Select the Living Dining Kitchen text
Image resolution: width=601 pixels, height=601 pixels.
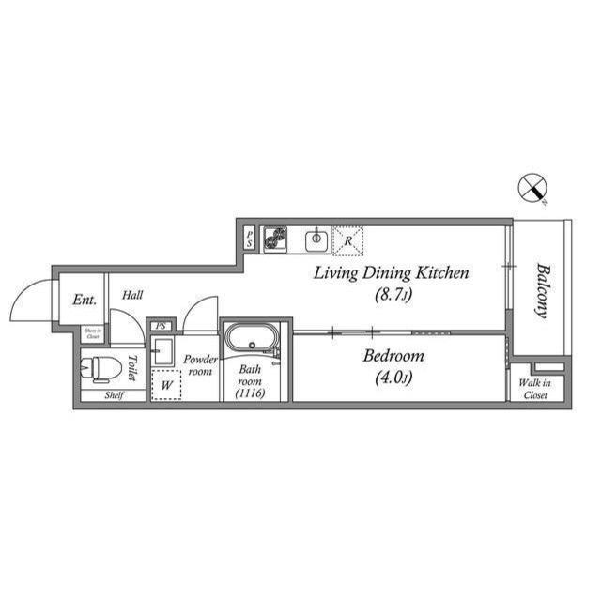click(x=391, y=273)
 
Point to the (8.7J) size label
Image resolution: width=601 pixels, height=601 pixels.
click(x=390, y=294)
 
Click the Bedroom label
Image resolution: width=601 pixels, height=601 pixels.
click(x=393, y=356)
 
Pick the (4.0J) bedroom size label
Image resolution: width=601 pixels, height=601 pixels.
click(x=393, y=378)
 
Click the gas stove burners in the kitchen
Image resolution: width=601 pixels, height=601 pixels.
click(x=275, y=239)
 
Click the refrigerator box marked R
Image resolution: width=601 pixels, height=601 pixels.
click(x=348, y=240)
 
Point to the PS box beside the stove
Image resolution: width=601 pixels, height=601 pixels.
click(x=249, y=239)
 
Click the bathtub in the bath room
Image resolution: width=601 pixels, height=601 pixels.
click(x=251, y=338)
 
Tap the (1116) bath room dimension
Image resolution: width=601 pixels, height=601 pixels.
click(x=250, y=393)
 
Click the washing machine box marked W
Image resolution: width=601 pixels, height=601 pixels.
click(x=166, y=384)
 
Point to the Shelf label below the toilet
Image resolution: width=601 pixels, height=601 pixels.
click(x=113, y=395)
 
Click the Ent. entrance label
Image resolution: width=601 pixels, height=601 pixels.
click(x=85, y=300)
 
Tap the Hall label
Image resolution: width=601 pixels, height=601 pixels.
click(x=132, y=295)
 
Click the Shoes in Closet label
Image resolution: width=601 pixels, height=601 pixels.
click(x=92, y=332)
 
